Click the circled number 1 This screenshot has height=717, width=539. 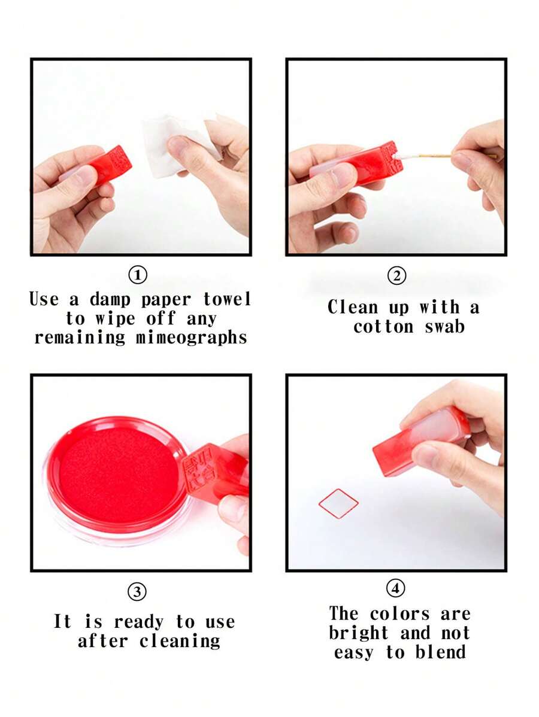tap(138, 275)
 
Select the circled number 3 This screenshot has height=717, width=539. tap(137, 592)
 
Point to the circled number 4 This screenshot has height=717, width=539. tap(395, 588)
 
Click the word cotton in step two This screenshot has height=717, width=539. tap(383, 327)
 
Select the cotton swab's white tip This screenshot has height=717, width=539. tap(402, 156)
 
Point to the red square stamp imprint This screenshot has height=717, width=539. tap(338, 503)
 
